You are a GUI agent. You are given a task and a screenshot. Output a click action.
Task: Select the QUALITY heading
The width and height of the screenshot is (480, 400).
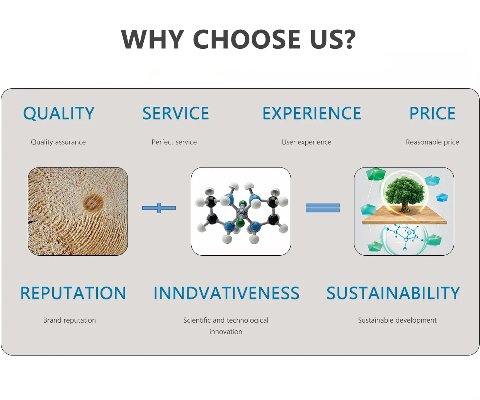click(x=59, y=113)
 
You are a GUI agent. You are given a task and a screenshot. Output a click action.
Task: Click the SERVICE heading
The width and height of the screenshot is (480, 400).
click(x=175, y=113)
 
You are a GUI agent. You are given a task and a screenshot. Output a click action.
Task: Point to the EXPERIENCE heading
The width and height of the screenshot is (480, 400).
click(x=312, y=113)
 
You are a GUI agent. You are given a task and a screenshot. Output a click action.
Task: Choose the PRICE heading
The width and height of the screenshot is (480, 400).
click(x=432, y=113)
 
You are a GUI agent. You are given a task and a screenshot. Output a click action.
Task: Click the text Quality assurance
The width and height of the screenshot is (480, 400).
click(x=58, y=142)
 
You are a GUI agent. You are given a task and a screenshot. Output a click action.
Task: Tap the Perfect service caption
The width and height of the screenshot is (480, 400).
click(x=174, y=142)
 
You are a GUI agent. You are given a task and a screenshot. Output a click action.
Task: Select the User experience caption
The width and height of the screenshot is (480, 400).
click(x=307, y=142)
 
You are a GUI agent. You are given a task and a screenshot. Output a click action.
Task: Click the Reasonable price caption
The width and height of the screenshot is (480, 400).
click(x=432, y=142)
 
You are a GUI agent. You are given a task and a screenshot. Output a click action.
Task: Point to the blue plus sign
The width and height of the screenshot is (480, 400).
click(x=159, y=208)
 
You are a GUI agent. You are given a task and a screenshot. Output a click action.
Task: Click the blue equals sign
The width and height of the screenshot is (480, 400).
click(x=323, y=208)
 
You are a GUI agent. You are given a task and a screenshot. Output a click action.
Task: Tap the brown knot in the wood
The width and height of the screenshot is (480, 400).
click(x=93, y=203)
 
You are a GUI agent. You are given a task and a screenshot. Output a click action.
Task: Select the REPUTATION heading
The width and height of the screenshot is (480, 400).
click(x=73, y=293)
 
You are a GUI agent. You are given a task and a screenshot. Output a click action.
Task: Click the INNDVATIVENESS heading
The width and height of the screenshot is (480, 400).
click(x=226, y=293)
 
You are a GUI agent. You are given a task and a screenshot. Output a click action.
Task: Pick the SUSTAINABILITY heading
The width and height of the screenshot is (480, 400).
click(x=393, y=293)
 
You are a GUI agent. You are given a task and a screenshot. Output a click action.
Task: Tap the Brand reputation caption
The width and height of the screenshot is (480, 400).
click(x=70, y=320)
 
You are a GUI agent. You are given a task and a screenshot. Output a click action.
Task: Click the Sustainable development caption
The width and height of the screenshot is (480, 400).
click(x=397, y=320)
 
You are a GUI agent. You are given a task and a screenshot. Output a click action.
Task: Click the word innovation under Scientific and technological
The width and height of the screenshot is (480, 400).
click(x=226, y=332)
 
